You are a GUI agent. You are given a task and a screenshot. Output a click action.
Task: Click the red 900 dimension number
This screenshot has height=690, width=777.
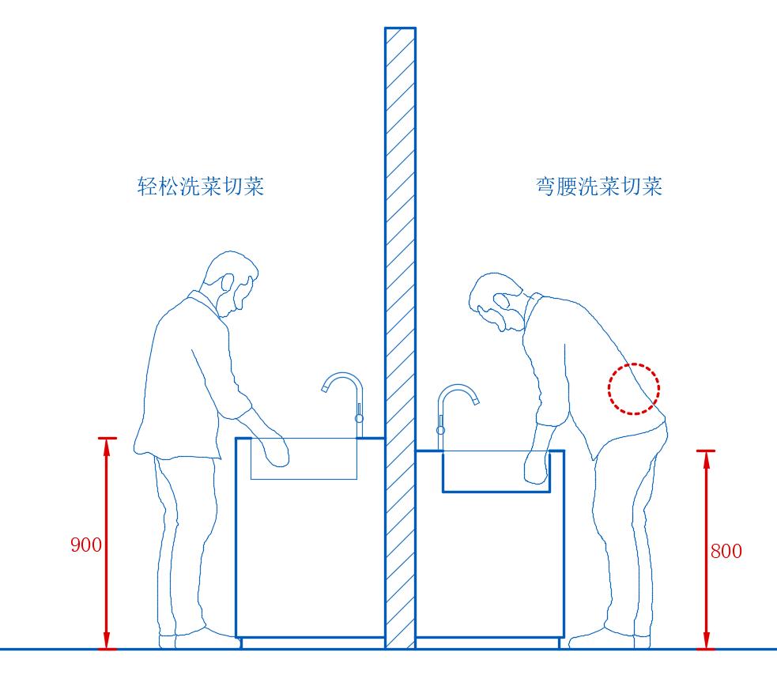click(x=85, y=545)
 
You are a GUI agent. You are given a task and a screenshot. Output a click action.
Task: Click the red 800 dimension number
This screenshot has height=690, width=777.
click(x=726, y=552)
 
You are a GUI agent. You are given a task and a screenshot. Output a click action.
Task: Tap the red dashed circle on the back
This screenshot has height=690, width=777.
click(x=633, y=389)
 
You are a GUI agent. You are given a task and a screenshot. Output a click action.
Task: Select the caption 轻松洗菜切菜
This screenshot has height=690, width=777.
click(x=201, y=187)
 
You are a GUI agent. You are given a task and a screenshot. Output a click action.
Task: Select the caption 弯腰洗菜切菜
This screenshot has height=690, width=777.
click(x=598, y=187)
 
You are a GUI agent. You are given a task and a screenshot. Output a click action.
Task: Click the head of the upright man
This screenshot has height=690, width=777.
click(x=230, y=281)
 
